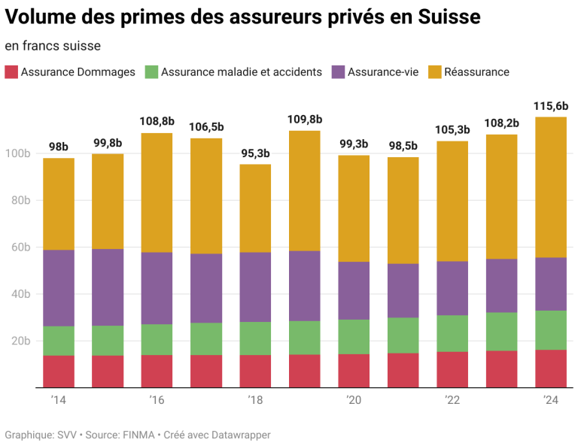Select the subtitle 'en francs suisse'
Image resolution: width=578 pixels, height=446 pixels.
pos(53,46)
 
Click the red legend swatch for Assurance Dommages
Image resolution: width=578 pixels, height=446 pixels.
pos(11,72)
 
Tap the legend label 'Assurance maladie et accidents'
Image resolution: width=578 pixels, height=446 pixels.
pos(241,72)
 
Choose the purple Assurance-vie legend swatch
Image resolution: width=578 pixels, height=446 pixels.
pos(338,72)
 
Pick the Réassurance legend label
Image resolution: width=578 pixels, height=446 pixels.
pos(476,72)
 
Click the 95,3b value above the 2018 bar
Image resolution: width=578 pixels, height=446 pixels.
pos(255,154)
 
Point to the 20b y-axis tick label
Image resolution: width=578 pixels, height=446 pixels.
pos(19,341)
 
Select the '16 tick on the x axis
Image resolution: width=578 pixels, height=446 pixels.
pos(157,400)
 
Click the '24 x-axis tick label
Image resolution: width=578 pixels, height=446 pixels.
pos(551,400)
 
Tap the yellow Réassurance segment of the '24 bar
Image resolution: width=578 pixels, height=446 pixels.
pos(551,188)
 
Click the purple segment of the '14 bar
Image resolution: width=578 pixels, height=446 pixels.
pos(59,288)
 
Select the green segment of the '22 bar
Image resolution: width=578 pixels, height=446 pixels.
pos(452,333)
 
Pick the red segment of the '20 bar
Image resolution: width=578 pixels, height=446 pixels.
pos(354,371)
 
